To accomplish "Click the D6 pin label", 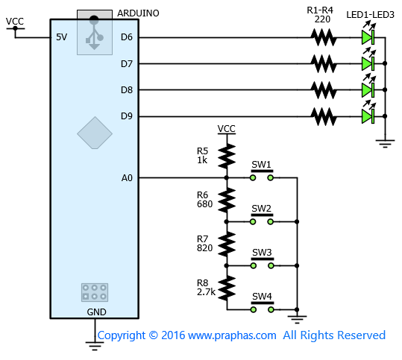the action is [127, 37].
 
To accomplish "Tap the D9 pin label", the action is [127, 116].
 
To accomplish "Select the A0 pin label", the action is [127, 178].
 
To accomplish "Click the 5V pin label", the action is [61, 37].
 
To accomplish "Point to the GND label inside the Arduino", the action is [96, 312].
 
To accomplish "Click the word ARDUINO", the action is [138, 13].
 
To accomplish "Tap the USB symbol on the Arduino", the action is [94, 33].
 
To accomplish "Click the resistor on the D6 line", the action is [324, 37].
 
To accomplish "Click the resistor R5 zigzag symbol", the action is [227, 156].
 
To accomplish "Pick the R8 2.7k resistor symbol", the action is [227, 288].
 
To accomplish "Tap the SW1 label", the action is [261, 164].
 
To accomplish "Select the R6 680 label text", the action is [204, 199].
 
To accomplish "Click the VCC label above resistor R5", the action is [227, 129].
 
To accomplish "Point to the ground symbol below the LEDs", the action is [385, 144].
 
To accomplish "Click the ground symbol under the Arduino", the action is [95, 346].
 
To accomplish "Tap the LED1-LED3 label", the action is [370, 15].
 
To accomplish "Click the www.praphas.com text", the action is [232, 335].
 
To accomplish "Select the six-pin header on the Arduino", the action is [95, 292].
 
